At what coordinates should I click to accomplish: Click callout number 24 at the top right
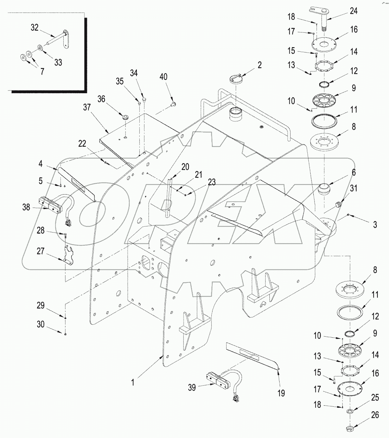(353, 11)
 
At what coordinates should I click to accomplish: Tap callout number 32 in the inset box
(34, 27)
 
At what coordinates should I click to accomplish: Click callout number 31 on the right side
(353, 188)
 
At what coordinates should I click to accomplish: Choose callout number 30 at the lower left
(41, 324)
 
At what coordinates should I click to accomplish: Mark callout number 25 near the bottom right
(375, 398)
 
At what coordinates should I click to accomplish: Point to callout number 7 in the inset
(42, 72)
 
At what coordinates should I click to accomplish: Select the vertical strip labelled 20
(170, 197)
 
